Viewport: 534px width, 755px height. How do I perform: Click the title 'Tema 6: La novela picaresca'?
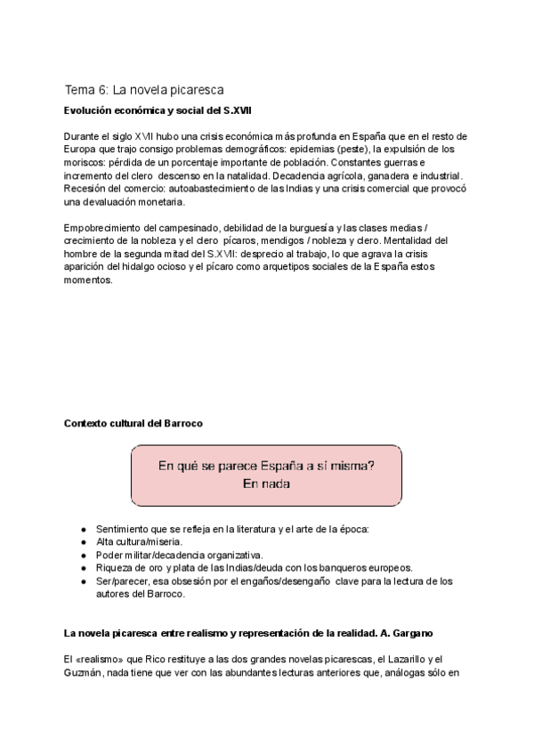(143, 90)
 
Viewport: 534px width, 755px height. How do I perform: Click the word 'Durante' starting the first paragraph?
(82, 136)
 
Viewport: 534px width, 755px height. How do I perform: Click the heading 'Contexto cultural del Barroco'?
(133, 423)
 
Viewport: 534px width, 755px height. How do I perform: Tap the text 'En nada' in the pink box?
(266, 483)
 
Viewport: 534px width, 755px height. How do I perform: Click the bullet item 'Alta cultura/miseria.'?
(139, 541)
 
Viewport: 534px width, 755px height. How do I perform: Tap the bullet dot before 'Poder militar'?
(84, 555)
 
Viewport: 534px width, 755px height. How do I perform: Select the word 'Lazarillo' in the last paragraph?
(411, 659)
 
